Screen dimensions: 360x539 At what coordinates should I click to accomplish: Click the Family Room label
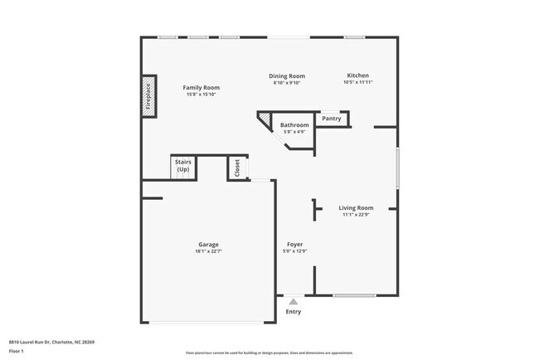coord(201,88)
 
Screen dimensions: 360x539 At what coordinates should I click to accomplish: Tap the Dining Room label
coord(287,76)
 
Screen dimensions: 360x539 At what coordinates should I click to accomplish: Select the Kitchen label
coord(357,75)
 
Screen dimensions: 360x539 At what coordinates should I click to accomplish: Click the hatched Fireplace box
coord(148,96)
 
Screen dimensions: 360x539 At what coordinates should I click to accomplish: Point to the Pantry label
coord(332,119)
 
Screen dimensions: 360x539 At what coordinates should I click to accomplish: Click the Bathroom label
coord(294,125)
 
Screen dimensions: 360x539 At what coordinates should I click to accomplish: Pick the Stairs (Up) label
coord(182,165)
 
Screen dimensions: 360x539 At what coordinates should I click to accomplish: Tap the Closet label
coord(237,168)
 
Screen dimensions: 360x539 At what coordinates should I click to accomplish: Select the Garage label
coord(208,245)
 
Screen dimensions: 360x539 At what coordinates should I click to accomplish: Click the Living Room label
coord(356,208)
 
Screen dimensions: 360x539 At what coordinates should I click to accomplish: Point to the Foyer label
coord(294,245)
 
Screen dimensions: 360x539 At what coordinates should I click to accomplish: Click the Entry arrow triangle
coord(294,302)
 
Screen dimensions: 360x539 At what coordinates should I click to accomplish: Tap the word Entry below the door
coord(294,312)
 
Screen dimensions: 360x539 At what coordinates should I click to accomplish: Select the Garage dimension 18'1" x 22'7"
coord(208,251)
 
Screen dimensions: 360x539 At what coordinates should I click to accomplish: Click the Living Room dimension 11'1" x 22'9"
coord(356,215)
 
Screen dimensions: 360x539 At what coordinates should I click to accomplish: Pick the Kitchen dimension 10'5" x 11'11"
coord(357,82)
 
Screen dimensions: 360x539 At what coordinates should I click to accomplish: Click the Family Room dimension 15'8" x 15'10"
coord(201,95)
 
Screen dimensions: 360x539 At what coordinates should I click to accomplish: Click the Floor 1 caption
coord(17,352)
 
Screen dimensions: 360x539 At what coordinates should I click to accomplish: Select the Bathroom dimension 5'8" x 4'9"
coord(294,132)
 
